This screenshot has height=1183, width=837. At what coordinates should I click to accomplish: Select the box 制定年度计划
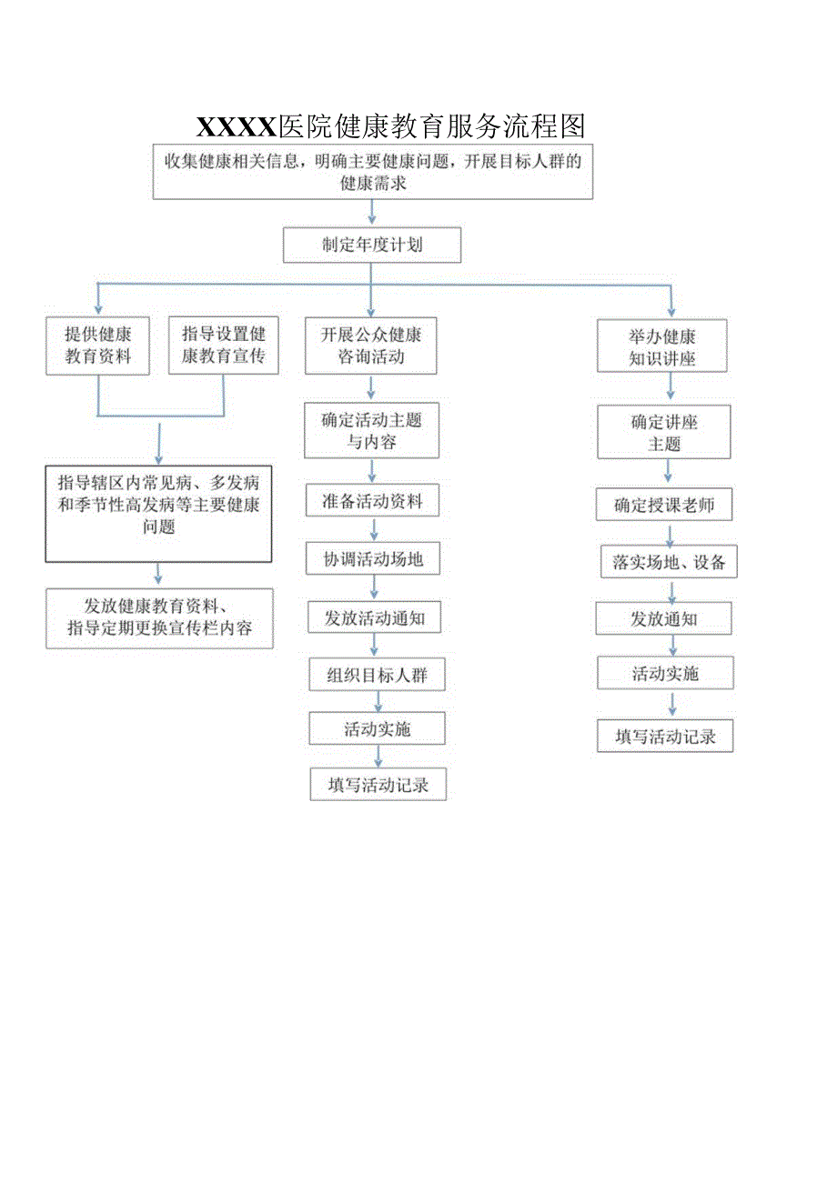(372, 245)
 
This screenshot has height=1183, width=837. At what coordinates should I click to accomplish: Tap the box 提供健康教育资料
(98, 346)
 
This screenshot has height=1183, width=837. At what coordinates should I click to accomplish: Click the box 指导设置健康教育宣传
(223, 346)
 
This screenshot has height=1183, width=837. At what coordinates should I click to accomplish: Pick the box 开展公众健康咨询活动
(371, 346)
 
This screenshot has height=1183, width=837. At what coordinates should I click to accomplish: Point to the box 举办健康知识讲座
(662, 346)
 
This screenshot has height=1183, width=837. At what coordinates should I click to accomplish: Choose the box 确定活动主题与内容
(371, 431)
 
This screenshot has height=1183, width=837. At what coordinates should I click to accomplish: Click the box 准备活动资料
(371, 501)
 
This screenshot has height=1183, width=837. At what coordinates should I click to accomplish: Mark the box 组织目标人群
(377, 676)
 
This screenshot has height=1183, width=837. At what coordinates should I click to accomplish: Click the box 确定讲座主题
(664, 433)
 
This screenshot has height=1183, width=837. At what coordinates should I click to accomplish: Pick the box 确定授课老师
(664, 506)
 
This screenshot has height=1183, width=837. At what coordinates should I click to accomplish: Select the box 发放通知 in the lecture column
(664, 619)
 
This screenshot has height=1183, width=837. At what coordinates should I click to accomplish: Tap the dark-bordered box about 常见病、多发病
(159, 514)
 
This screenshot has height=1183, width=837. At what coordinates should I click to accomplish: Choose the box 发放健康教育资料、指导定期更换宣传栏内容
(159, 618)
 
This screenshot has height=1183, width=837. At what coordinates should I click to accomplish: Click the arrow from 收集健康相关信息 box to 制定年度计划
(371, 213)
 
